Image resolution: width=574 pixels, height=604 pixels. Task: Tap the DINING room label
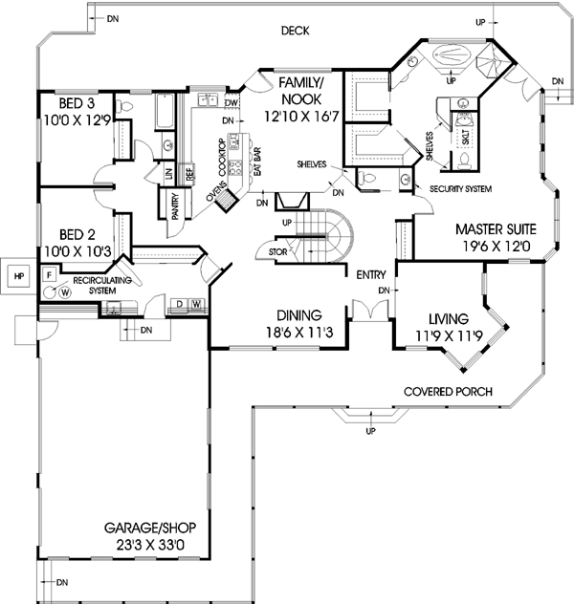tap(298, 314)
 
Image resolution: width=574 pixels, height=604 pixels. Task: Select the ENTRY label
tap(371, 275)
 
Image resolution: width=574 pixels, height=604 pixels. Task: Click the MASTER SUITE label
tap(495, 229)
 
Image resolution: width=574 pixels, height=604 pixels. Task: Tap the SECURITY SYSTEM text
tap(460, 190)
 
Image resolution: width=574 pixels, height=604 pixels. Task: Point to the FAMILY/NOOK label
tap(298, 91)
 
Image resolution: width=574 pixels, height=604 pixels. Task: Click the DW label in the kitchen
tap(232, 102)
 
